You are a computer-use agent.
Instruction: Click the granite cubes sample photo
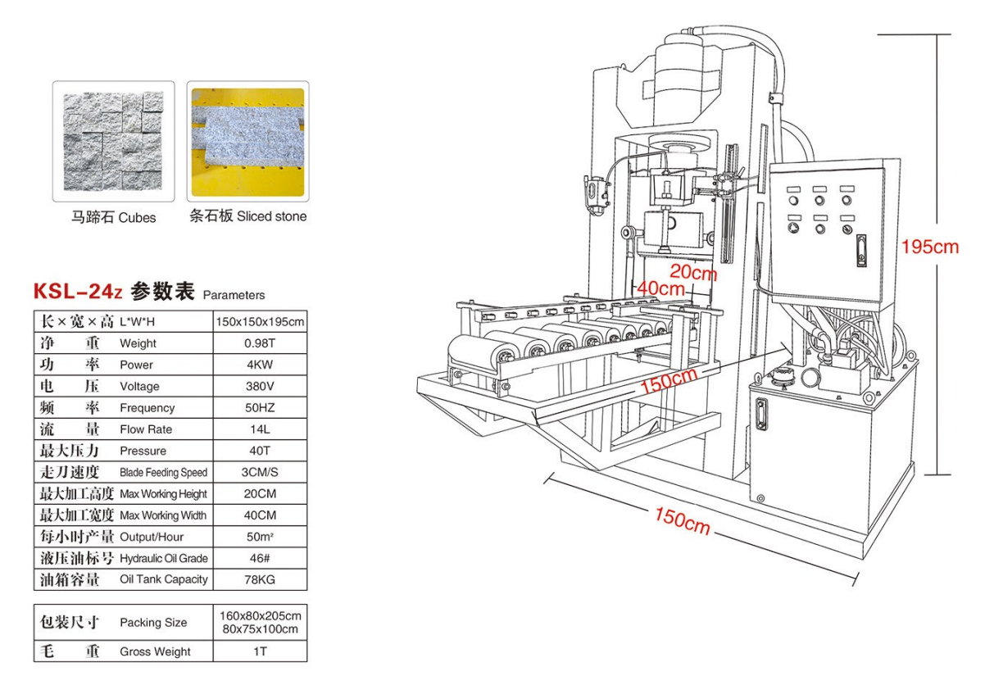coord(113,140)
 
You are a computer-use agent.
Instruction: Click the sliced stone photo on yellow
coord(247,140)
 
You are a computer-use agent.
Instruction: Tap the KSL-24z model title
coord(79,292)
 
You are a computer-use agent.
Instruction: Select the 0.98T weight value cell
coord(260,343)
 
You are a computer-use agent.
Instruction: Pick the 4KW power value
coord(260,365)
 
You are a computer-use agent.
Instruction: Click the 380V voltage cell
coord(260,386)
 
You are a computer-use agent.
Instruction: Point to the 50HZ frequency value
coord(260,407)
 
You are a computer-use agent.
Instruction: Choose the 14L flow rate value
coord(260,429)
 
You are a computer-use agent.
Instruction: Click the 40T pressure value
coord(260,451)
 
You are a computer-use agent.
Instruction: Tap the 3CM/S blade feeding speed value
coord(260,472)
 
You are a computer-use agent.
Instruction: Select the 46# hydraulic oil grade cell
coord(260,558)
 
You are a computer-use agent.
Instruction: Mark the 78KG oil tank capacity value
coord(260,579)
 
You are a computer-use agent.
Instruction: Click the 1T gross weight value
coord(260,651)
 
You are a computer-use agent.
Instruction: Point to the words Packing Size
coord(153,623)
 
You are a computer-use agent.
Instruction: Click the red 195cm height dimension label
coord(929,247)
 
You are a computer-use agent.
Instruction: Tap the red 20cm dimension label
coord(692,271)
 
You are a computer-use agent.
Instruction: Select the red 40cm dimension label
coord(660,288)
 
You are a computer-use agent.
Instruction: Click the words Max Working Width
coord(163,515)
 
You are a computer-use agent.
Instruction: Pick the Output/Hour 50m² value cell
coord(260,537)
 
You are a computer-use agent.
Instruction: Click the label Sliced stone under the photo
coord(272,216)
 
